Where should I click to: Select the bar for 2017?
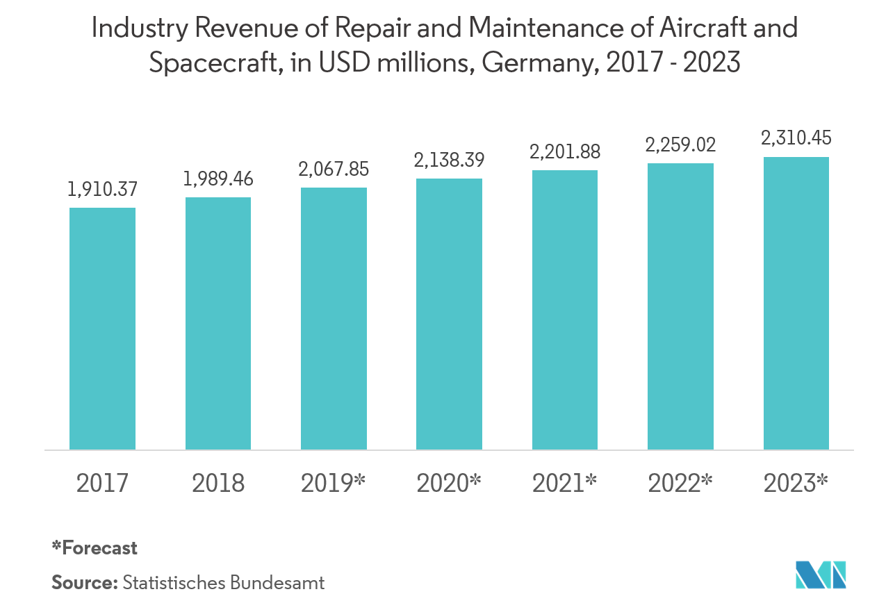coord(102,329)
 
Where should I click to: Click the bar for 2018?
coord(218,323)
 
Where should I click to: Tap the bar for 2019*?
coord(334,318)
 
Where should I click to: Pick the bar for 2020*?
coord(449,314)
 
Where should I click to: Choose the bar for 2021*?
coord(565,310)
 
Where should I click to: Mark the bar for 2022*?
coord(680,306)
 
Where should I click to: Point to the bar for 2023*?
coord(796,303)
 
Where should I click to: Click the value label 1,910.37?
coord(102,188)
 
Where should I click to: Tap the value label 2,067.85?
coord(334,169)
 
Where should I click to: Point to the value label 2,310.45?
coord(796,138)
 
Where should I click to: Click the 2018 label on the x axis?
coord(218,483)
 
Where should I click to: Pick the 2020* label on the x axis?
coord(449,483)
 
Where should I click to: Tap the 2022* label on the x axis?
coord(680,483)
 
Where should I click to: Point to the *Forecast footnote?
coord(95,547)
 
